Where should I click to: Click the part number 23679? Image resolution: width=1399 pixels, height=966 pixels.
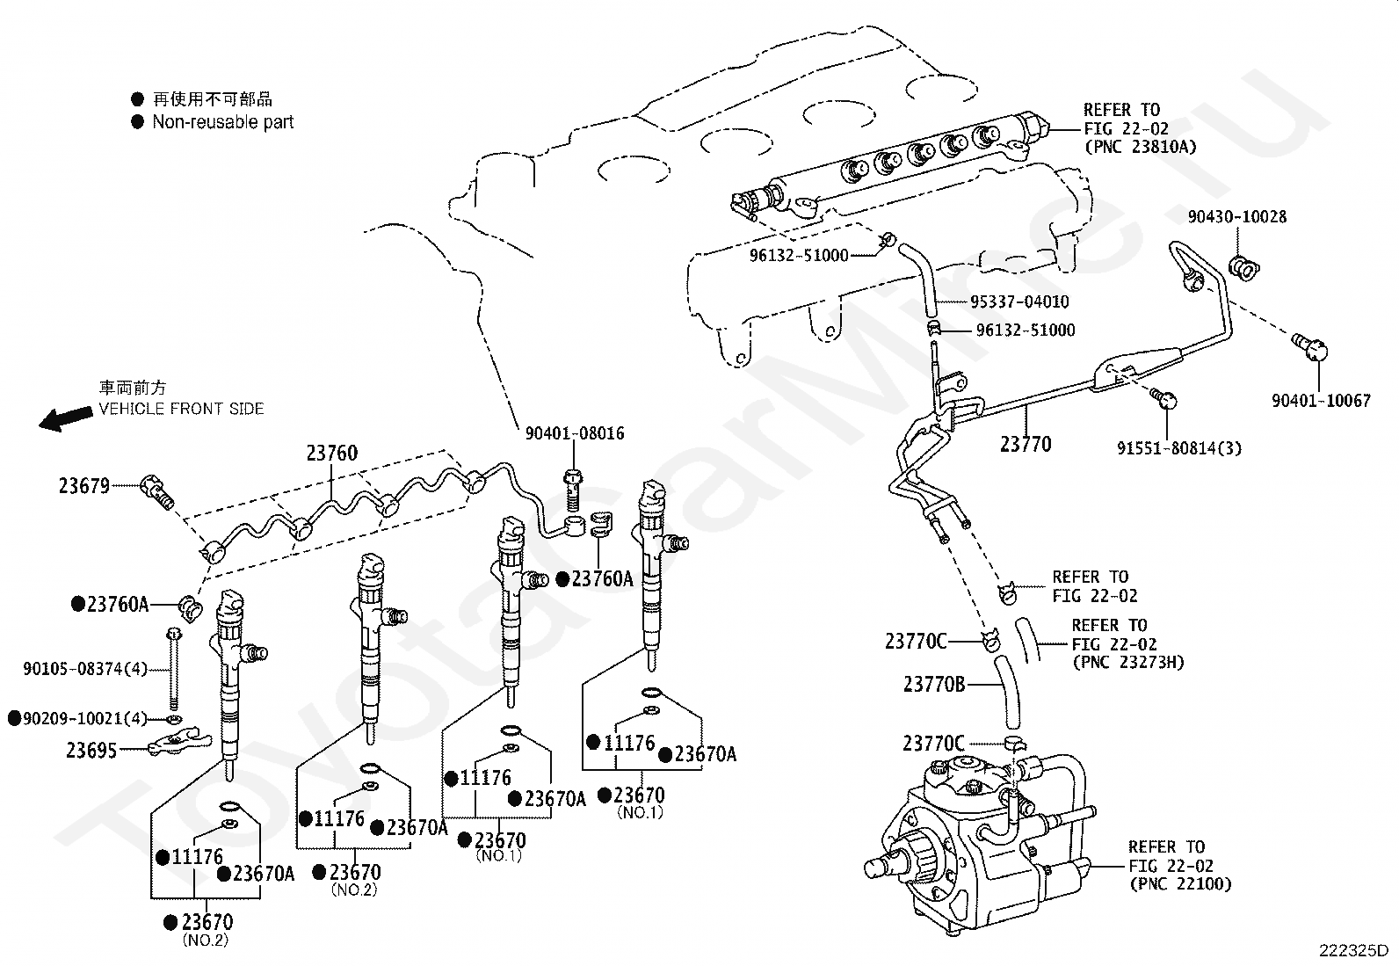pos(84,485)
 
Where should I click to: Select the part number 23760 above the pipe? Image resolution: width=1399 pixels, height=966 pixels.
pos(332,454)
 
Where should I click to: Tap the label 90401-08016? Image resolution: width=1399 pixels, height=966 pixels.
pos(575,433)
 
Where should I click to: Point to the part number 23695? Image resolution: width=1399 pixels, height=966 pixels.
pos(91,750)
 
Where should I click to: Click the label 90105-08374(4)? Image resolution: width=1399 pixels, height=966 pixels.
pos(85,669)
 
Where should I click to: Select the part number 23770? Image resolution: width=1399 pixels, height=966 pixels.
pos(1026,444)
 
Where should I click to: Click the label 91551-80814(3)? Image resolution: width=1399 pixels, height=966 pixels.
pos(1179,448)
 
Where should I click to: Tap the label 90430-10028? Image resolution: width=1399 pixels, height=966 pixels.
pos(1237,216)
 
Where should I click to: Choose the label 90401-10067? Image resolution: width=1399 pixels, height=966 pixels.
pos(1321,401)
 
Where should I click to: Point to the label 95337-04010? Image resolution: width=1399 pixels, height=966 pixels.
pos(1019,301)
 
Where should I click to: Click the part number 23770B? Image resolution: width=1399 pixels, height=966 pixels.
pos(934,683)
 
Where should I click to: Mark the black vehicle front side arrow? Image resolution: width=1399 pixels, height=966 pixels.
pos(65,418)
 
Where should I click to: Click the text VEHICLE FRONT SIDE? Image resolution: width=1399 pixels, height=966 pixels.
pos(181,409)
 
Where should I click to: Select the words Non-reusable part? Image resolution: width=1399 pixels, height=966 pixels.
pos(223,122)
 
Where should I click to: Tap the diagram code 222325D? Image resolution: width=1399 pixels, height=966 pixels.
pos(1352,950)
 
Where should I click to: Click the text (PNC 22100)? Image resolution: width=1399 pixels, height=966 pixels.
pos(1180,884)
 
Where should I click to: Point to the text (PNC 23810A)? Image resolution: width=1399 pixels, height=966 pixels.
pos(1141,147)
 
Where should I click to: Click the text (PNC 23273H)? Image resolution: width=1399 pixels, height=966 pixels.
pos(1128,662)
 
